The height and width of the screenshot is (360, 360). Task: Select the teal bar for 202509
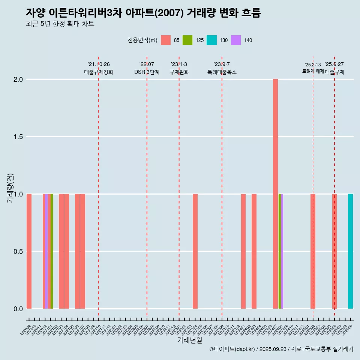click(350, 251)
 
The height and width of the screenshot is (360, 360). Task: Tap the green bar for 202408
click(280, 251)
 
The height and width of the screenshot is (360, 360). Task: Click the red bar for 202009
click(29, 251)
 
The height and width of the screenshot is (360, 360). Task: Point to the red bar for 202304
click(195, 251)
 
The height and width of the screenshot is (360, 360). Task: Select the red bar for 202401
click(243, 251)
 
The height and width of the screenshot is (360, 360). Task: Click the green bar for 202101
click(52, 251)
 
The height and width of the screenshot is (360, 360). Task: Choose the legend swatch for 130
click(211, 40)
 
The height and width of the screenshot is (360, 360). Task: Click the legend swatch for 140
click(236, 40)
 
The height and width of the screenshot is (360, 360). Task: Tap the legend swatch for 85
click(166, 40)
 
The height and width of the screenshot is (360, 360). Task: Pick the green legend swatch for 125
click(187, 40)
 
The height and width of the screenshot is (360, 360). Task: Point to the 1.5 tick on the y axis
click(18, 137)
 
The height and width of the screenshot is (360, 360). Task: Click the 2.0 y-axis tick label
click(18, 79)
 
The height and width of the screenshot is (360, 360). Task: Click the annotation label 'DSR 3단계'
click(147, 72)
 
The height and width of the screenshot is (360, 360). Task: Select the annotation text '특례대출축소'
click(222, 72)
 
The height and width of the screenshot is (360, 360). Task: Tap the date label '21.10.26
click(99, 64)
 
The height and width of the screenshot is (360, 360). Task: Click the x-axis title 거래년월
click(189, 340)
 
